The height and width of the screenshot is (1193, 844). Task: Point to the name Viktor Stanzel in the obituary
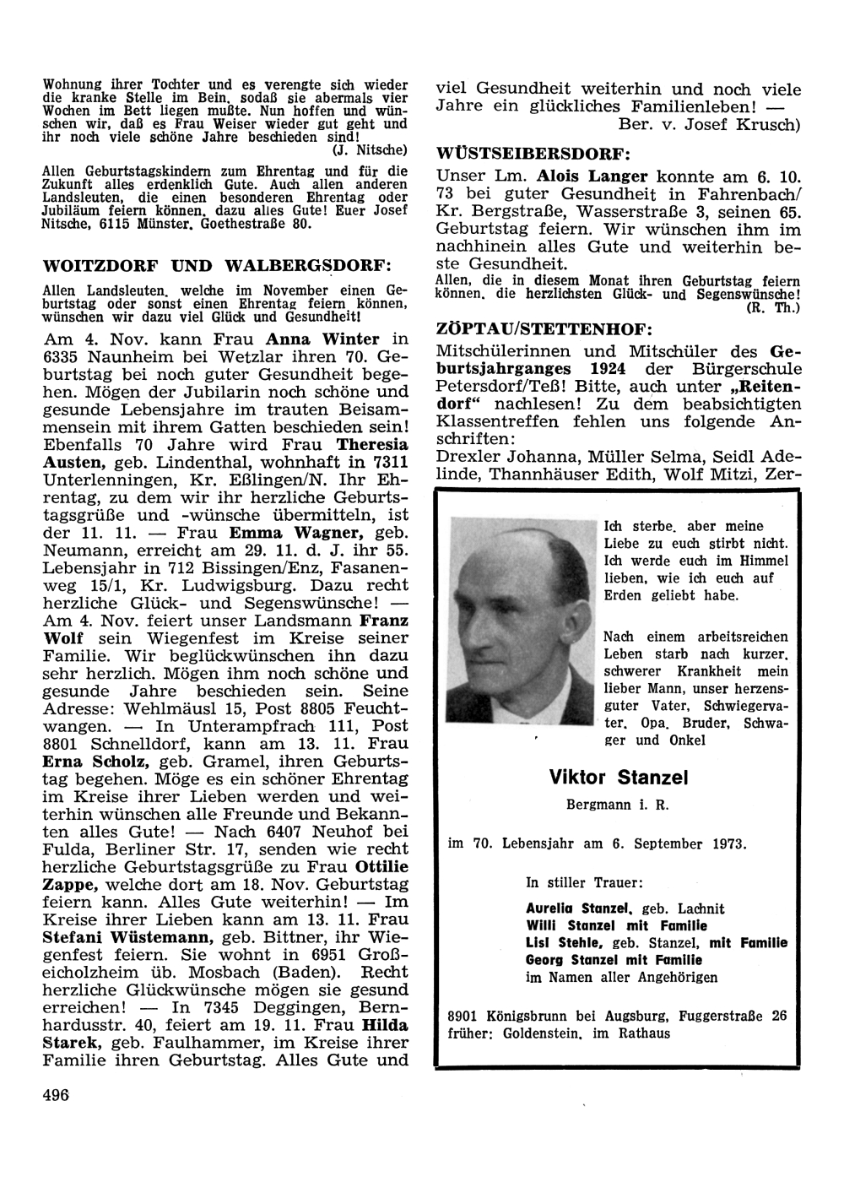(618, 777)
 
